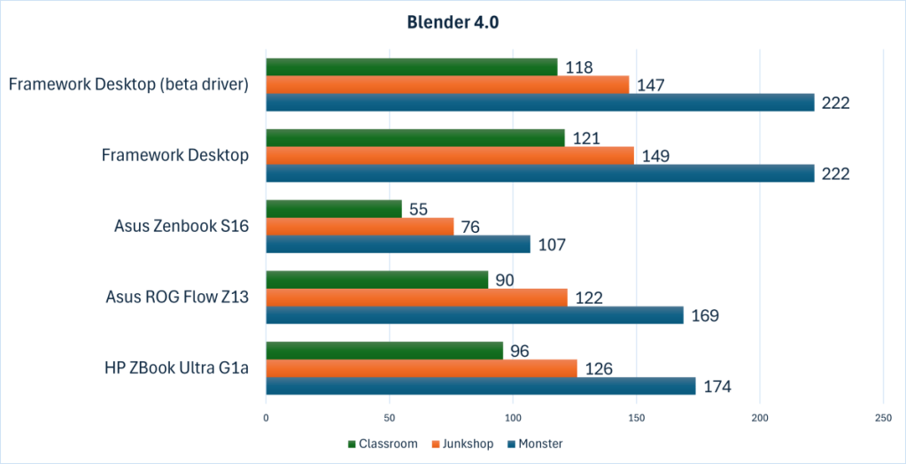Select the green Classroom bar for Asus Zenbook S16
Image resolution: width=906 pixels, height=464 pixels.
click(334, 209)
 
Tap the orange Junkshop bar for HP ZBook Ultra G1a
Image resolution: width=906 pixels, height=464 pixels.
click(422, 368)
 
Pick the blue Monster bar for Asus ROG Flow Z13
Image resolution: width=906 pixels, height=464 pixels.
click(475, 315)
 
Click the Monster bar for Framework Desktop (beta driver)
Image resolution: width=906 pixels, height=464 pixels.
click(540, 103)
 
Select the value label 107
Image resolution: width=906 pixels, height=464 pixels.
click(552, 244)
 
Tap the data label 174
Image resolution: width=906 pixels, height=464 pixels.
click(717, 386)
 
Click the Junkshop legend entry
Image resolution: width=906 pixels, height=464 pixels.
click(463, 444)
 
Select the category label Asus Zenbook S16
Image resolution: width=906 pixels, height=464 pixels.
click(181, 227)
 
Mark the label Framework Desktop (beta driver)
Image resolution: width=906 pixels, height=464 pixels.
click(128, 85)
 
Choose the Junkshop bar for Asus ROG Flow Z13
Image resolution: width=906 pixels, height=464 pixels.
click(416, 298)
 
